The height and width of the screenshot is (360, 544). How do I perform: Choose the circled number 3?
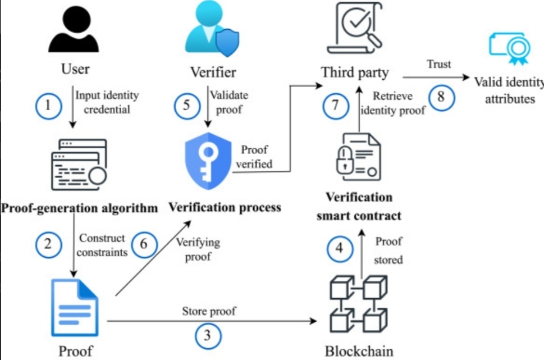(208, 336)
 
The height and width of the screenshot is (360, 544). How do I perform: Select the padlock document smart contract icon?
(358, 161)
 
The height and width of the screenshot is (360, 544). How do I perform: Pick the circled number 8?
(440, 97)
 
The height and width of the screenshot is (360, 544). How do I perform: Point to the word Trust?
(438, 64)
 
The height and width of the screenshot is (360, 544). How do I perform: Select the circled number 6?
(143, 245)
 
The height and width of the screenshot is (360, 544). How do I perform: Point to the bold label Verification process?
(225, 208)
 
